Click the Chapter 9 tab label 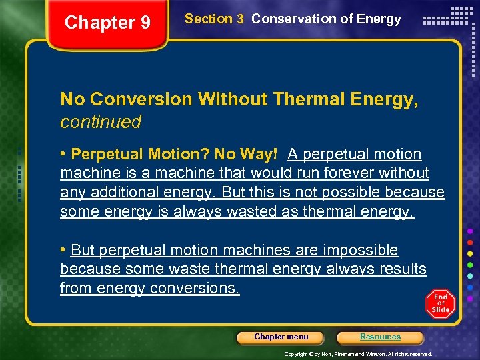tap(107, 23)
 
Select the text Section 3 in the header tap(214, 19)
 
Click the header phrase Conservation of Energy tap(326, 19)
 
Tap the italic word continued tap(101, 122)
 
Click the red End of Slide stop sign tap(440, 304)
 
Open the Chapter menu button tap(281, 337)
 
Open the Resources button tap(380, 337)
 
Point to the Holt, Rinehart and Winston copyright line tap(358, 354)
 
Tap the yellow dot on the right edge tap(471, 253)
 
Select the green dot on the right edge tap(471, 265)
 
